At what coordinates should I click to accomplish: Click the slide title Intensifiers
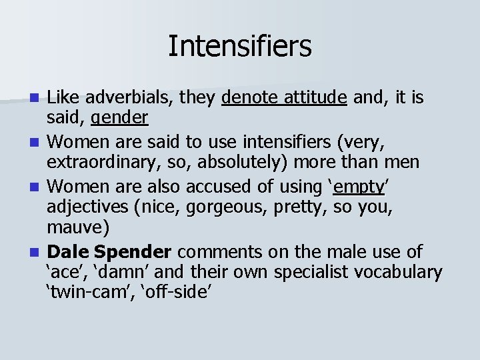tap(239, 46)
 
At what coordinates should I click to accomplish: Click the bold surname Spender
tap(133, 252)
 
